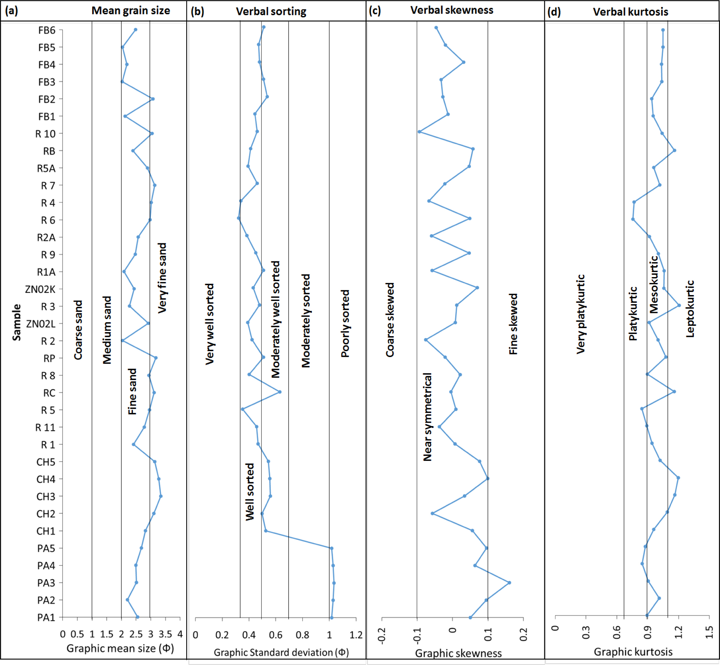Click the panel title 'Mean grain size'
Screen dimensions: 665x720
(x=130, y=11)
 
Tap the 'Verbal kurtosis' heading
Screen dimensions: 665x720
(x=630, y=12)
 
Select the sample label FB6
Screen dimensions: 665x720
(x=47, y=30)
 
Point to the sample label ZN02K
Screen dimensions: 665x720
(x=40, y=289)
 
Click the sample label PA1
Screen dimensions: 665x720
(x=46, y=617)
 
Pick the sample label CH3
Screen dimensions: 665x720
(x=46, y=497)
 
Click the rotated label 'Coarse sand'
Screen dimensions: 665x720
(x=78, y=330)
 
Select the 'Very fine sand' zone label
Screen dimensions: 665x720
(x=162, y=278)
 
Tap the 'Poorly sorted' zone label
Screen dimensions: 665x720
(x=345, y=323)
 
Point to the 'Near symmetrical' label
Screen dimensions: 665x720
(x=428, y=417)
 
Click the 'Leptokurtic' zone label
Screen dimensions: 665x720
(x=690, y=309)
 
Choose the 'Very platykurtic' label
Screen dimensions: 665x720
(x=581, y=314)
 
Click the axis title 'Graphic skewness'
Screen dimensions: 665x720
(x=458, y=653)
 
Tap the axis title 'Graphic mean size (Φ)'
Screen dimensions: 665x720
(x=120, y=648)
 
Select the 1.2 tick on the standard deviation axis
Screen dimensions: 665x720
(x=356, y=635)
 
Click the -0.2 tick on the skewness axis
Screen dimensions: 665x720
(x=382, y=636)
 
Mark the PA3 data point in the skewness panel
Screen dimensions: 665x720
(x=509, y=582)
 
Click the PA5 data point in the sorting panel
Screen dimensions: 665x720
(x=331, y=548)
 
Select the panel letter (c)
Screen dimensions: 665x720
(x=375, y=11)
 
